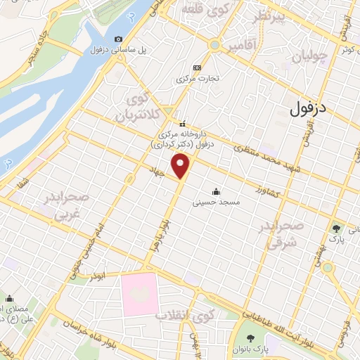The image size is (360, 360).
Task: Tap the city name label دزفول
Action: coord(309,108)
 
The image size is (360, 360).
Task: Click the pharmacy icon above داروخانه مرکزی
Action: coord(181,123)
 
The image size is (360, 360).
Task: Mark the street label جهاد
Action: coord(156,171)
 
